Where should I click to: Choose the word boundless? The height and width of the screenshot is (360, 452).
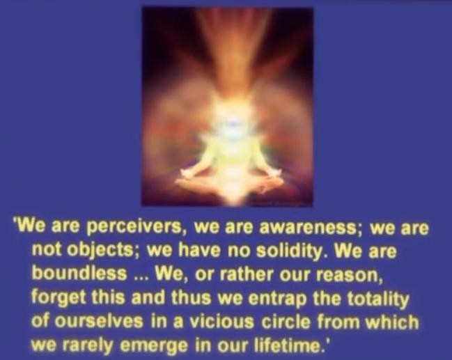click(79, 273)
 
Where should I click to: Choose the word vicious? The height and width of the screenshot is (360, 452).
click(221, 321)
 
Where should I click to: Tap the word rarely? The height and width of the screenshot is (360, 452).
click(87, 344)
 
